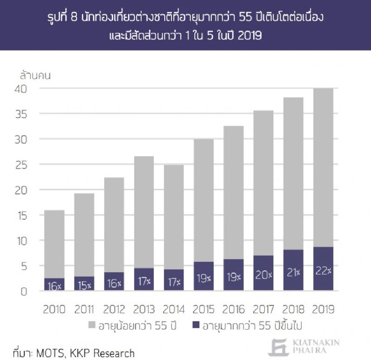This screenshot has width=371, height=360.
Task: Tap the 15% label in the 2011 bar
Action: coord(84,286)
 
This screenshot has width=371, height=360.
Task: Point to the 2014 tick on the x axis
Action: coord(174,309)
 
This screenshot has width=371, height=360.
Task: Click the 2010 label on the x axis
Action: coord(54,309)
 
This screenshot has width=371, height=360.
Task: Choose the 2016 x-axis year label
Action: coord(233,309)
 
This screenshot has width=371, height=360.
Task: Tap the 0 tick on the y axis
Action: coord(24,292)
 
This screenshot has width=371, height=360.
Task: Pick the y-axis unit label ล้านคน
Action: coord(35,75)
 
